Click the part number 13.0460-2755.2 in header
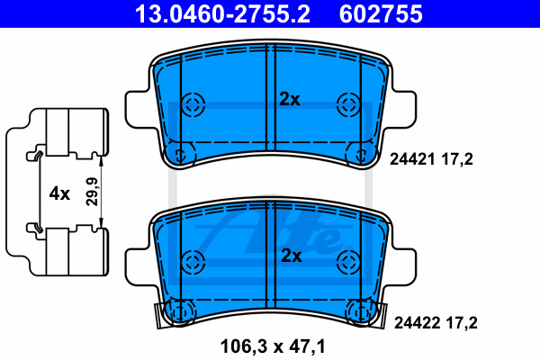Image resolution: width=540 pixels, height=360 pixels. click(x=222, y=13)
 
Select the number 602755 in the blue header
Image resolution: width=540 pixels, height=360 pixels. click(x=381, y=13)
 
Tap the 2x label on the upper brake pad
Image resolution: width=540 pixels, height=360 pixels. click(x=290, y=99)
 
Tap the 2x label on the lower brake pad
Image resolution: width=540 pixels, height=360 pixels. click(x=292, y=256)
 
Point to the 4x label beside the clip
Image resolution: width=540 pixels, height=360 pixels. click(x=59, y=193)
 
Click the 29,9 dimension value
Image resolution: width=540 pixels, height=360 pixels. click(x=92, y=192)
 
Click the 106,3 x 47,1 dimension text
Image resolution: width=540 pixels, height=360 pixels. click(x=273, y=346)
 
